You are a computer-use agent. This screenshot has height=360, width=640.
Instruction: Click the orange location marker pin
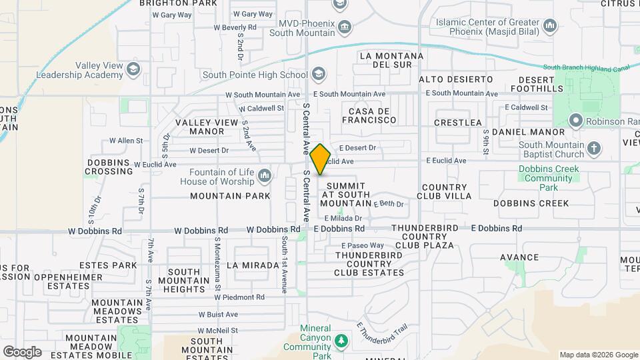tap(320, 159)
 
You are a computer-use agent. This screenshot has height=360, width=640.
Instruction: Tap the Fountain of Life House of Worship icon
tap(265, 176)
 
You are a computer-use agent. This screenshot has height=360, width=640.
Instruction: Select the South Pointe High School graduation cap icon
tap(318, 74)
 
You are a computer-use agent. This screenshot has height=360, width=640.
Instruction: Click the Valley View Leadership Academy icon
tap(134, 69)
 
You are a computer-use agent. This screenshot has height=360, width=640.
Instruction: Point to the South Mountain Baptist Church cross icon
tap(595, 149)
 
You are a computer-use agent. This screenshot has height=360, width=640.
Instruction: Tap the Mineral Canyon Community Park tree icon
tap(341, 341)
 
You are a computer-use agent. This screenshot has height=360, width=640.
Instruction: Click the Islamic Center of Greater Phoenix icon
tap(550, 26)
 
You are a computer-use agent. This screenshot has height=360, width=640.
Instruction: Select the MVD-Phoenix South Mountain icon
tap(344, 27)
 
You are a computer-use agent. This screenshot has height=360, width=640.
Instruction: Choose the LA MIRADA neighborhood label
tap(253, 265)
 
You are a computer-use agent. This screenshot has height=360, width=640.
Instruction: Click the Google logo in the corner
tap(22, 351)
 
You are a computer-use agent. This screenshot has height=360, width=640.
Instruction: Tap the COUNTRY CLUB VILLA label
tap(444, 192)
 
